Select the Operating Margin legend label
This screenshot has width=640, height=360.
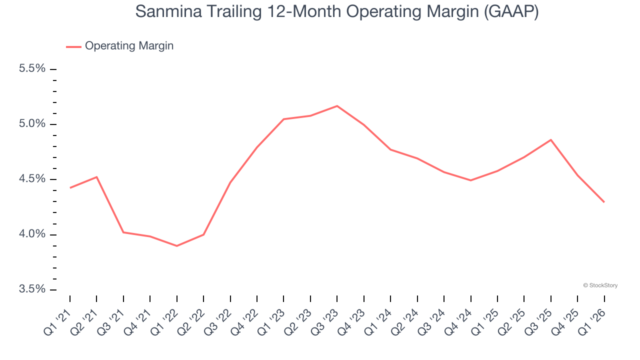(129, 46)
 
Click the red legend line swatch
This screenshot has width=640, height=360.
(73, 47)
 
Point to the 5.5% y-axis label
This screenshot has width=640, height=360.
(32, 68)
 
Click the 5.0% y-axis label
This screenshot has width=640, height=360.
(32, 124)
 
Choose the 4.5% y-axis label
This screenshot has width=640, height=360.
(32, 179)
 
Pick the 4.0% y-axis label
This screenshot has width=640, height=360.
(32, 234)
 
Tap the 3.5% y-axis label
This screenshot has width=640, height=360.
(32, 289)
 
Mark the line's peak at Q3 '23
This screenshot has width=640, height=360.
(337, 106)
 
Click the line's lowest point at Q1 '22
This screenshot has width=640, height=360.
(177, 246)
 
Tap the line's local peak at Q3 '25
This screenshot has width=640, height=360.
(551, 139)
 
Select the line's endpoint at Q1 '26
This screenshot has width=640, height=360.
(604, 202)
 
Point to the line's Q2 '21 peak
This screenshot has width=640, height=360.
(96, 177)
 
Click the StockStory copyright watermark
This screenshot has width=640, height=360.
(600, 285)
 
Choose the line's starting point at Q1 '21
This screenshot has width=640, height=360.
(70, 188)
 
